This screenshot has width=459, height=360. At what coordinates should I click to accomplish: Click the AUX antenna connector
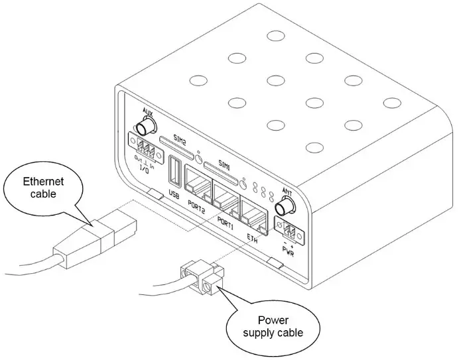pos(145,126)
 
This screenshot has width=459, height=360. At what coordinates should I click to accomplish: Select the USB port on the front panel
pos(176,171)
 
